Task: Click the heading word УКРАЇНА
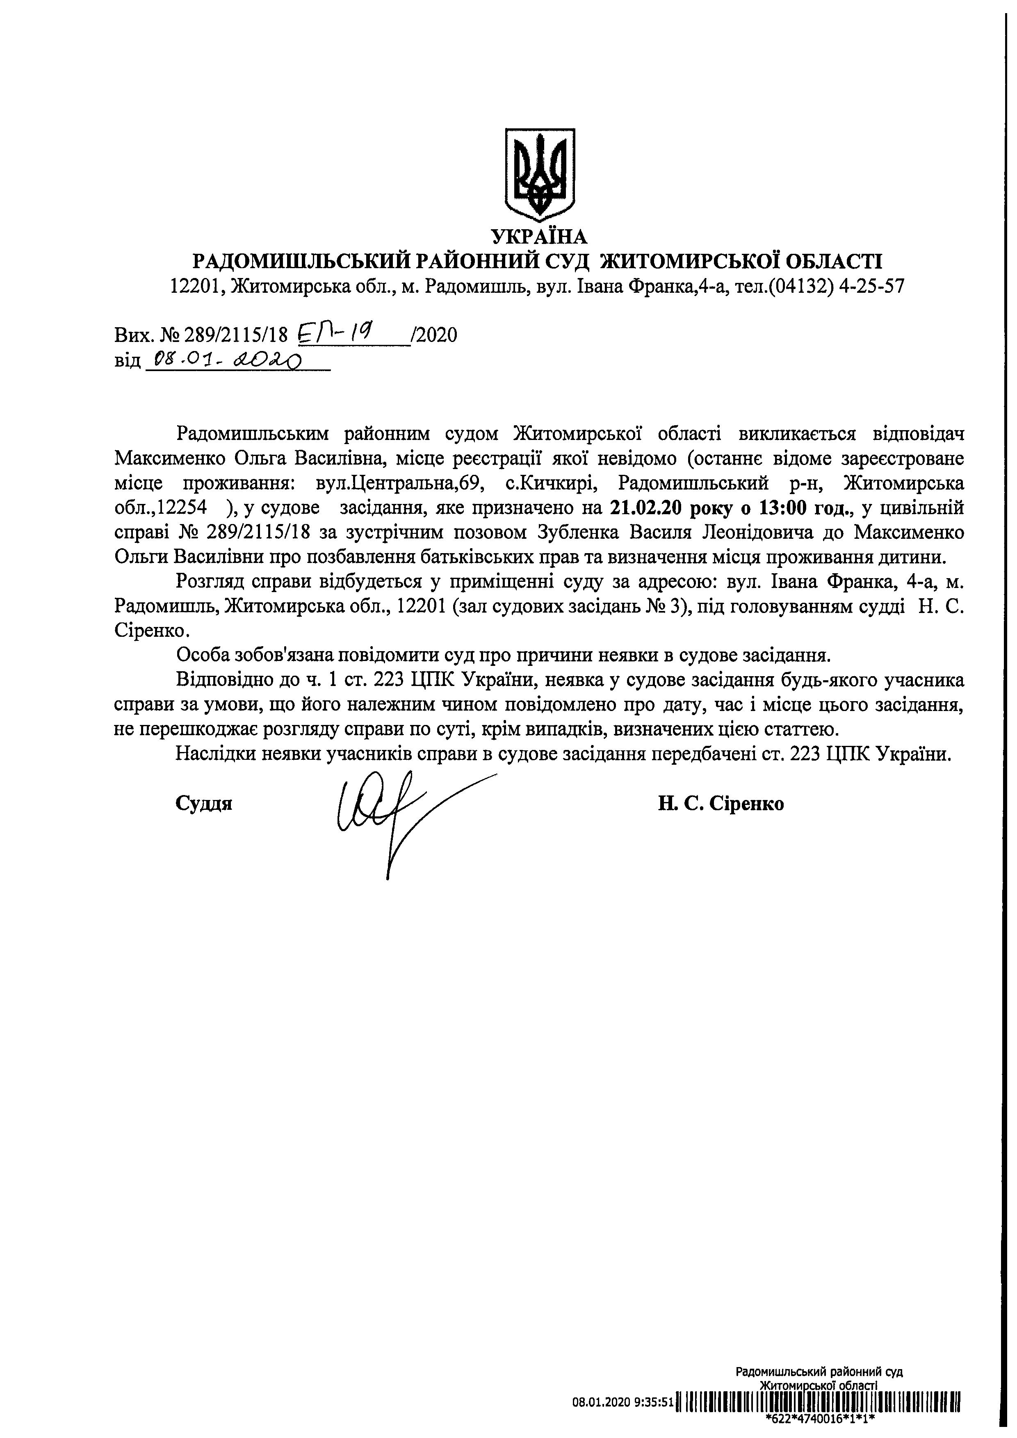coord(539,237)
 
